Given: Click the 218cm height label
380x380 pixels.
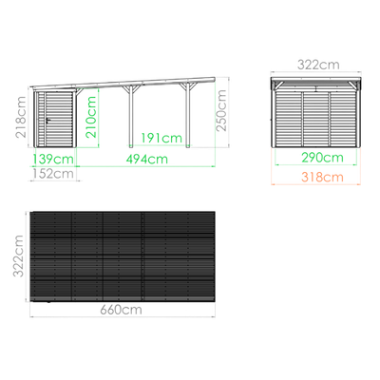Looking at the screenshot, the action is pos(21,117).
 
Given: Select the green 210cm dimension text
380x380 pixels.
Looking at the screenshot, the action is pos(91,117).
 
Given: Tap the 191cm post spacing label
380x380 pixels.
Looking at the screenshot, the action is pos(161,138).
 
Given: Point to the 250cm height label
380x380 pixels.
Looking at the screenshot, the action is pos(221,110).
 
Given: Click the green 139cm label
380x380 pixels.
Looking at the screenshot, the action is pos(52,159).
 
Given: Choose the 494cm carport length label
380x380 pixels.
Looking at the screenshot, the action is pos(147,159).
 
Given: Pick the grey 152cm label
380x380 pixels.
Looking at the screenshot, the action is pos(53,174).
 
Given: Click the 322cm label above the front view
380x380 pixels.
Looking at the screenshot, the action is pos(318,65).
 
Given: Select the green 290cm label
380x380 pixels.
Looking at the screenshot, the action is pos(322,158).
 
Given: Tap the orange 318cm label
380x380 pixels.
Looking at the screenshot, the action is pos(322,178).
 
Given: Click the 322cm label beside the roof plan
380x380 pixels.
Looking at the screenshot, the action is pos(18,256).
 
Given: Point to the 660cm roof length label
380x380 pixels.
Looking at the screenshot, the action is pos(121,310).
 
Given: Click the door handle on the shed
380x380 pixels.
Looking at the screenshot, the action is pos(48,120).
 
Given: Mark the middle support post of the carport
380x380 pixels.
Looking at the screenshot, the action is pos(131,116).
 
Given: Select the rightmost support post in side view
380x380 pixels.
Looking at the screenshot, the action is pos(188,115).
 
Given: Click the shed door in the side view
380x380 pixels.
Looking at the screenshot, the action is pos(59,120).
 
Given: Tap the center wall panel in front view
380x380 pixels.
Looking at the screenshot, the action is pos(316,120).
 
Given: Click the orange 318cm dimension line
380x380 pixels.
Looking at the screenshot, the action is pos(316,184).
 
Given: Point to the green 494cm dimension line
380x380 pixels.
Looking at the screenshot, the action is pos(145,166).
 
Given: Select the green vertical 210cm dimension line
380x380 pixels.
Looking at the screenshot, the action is pos(99,118).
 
